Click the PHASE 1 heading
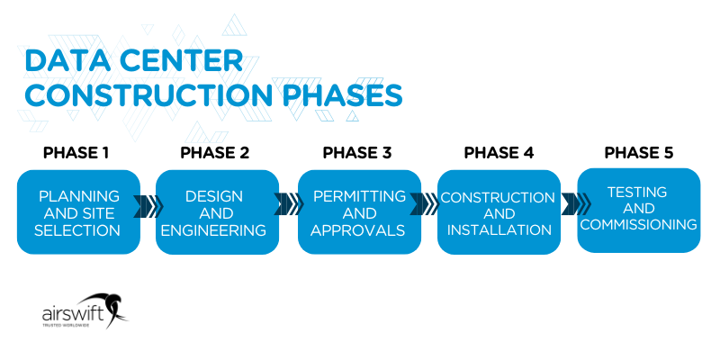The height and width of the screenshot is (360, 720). [x=76, y=152]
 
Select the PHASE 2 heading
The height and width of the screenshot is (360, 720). [x=214, y=152]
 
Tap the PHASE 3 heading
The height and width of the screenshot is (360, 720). [x=357, y=152]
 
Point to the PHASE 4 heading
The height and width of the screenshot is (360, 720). [x=498, y=152]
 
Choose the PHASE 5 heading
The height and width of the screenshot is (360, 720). [x=639, y=152]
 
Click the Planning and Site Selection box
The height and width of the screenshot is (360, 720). [x=78, y=212]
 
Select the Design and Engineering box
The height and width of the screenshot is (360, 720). [x=217, y=212]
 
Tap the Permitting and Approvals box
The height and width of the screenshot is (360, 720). [x=359, y=212]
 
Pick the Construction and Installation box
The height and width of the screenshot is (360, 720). [x=498, y=212]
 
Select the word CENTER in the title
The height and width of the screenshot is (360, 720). [x=187, y=60]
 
